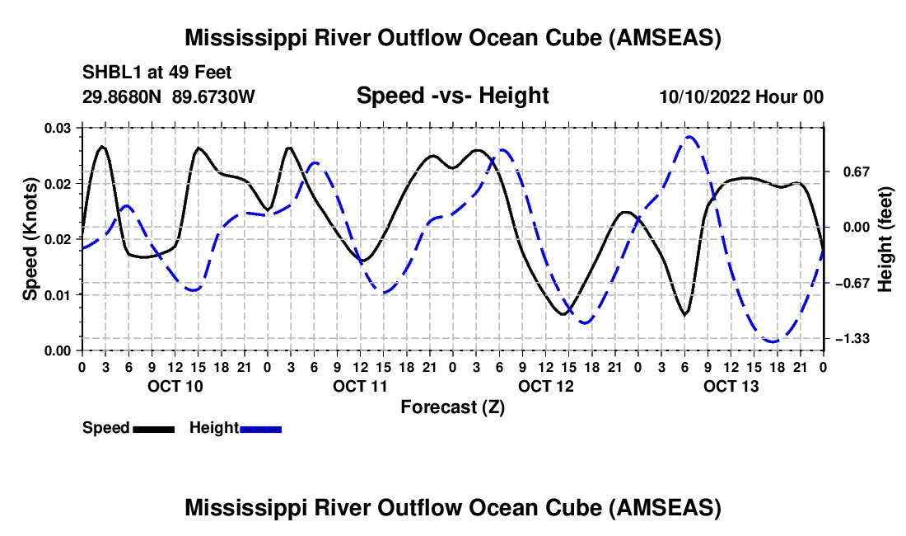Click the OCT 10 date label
pyautogui.click(x=175, y=386)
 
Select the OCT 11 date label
pyautogui.click(x=361, y=386)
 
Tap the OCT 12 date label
pyautogui.click(x=546, y=386)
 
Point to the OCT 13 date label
pyautogui.click(x=731, y=386)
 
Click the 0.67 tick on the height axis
pyautogui.click(x=857, y=172)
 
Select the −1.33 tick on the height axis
pyautogui.click(x=852, y=338)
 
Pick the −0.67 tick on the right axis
pyautogui.click(x=852, y=283)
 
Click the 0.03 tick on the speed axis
pyautogui.click(x=58, y=128)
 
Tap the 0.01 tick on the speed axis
pyautogui.click(x=58, y=295)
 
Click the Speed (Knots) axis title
pyautogui.click(x=30, y=239)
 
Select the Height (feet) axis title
pyautogui.click(x=885, y=239)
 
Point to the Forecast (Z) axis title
pyautogui.click(x=453, y=407)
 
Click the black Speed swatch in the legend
pyautogui.click(x=154, y=429)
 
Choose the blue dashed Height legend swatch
pyautogui.click(x=260, y=429)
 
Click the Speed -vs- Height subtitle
pyautogui.click(x=453, y=96)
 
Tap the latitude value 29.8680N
pyautogui.click(x=122, y=96)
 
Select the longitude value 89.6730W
pyautogui.click(x=213, y=96)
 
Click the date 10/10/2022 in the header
pyautogui.click(x=705, y=96)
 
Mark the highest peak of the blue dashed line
pyautogui.click(x=689, y=137)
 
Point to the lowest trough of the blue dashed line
pyautogui.click(x=773, y=341)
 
